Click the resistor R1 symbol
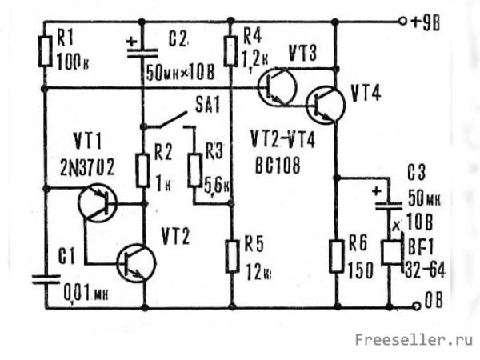pyautogui.click(x=44, y=50)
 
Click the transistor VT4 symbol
pyautogui.click(x=325, y=102)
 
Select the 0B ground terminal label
pyautogui.click(x=438, y=305)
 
